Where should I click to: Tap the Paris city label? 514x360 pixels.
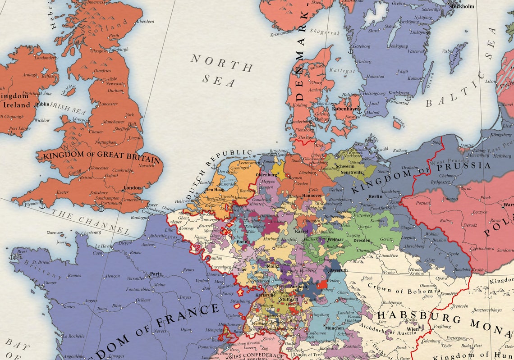coord(156,273)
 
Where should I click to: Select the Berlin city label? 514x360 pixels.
coord(375,196)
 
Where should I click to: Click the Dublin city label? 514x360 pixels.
coord(42,104)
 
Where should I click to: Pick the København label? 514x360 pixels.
coord(345,109)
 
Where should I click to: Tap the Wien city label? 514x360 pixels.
coord(413,329)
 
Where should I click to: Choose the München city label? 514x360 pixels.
coord(334,328)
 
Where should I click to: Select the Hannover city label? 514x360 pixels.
coord(311,196)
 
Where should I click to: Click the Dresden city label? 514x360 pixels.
coord(362,240)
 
